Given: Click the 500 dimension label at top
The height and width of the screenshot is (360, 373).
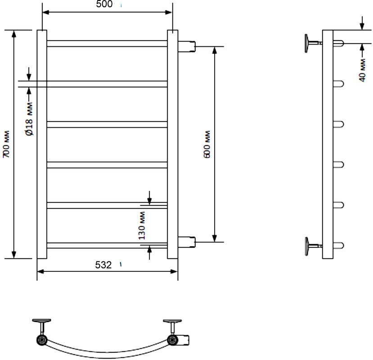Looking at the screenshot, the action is point(104,4).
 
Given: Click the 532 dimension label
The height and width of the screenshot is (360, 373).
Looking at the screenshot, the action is point(103,265).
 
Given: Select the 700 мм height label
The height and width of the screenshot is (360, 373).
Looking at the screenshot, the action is point(6,144).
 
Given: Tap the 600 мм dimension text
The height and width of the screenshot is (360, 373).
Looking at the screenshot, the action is point(207,144).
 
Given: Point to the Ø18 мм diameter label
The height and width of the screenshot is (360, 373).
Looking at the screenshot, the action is point(29,119).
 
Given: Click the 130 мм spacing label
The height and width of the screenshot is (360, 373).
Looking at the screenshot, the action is point(142,225).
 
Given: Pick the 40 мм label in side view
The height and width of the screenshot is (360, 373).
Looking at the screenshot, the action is point(362,71).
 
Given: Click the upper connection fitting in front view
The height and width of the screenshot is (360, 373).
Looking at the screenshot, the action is point(187,46).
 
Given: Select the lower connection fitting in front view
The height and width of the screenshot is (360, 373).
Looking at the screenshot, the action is point(187,242).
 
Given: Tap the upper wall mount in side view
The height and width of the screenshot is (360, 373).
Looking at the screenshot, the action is point(313,43).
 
